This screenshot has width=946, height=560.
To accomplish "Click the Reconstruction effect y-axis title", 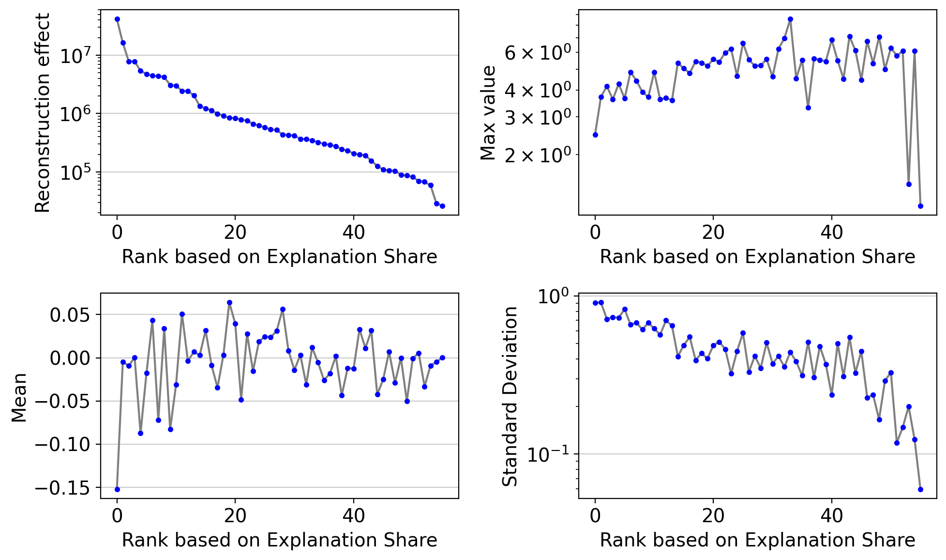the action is [x=43, y=113].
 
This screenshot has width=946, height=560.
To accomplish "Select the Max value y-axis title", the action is [x=488, y=113].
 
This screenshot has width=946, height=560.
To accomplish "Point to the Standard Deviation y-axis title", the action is [x=510, y=396].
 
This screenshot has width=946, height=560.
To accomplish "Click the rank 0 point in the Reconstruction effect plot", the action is [x=117, y=19].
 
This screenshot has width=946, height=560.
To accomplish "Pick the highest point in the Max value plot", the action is [x=790, y=19].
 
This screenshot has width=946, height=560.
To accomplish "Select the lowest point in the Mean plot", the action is [x=117, y=489].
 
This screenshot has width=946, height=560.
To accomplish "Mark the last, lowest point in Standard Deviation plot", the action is [x=920, y=489].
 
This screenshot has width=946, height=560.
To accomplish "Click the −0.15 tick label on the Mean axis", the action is [x=63, y=488].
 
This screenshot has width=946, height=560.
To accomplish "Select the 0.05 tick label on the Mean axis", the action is [x=71, y=315].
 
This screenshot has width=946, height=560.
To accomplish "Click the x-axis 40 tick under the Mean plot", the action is [x=354, y=515].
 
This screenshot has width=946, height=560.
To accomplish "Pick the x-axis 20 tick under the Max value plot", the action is [x=713, y=232].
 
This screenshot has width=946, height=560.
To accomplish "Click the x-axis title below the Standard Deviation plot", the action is [x=758, y=540].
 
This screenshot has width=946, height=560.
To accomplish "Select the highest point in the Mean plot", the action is [x=229, y=303].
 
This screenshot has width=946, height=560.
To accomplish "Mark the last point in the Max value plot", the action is [x=920, y=206].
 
